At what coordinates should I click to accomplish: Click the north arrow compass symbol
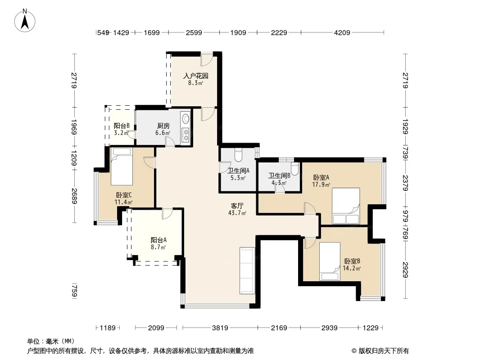pyautogui.click(x=25, y=20)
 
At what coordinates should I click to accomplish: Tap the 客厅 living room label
pyautogui.click(x=237, y=206)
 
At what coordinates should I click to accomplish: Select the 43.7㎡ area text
pyautogui.click(x=237, y=213)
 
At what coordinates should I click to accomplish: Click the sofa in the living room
pyautogui.click(x=247, y=271)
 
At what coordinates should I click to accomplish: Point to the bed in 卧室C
pyautogui.click(x=122, y=166)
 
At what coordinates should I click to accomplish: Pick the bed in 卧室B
pyautogui.click(x=330, y=261)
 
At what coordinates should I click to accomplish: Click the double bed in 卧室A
pyautogui.click(x=346, y=206)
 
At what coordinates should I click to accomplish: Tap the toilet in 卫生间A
pyautogui.click(x=238, y=155)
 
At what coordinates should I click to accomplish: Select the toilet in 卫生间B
pyautogui.click(x=294, y=169)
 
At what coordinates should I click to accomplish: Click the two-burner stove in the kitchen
pyautogui.click(x=186, y=135)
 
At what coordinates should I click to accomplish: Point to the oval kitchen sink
pyautogui.click(x=186, y=119)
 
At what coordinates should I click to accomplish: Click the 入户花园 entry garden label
pyautogui.click(x=195, y=76)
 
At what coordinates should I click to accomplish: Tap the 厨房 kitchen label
pyautogui.click(x=163, y=126)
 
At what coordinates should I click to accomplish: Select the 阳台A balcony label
pyautogui.click(x=158, y=240)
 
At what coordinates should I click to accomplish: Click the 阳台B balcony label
pyautogui.click(x=122, y=126)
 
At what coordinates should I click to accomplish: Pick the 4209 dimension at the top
pyautogui.click(x=342, y=32)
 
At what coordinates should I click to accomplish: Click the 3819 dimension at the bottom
pyautogui.click(x=220, y=328)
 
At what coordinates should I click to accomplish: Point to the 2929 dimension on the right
pyautogui.click(x=406, y=270)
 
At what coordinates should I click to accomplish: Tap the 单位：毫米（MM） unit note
pyautogui.click(x=51, y=342)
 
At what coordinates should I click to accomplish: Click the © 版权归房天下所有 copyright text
pyautogui.click(x=380, y=351)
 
